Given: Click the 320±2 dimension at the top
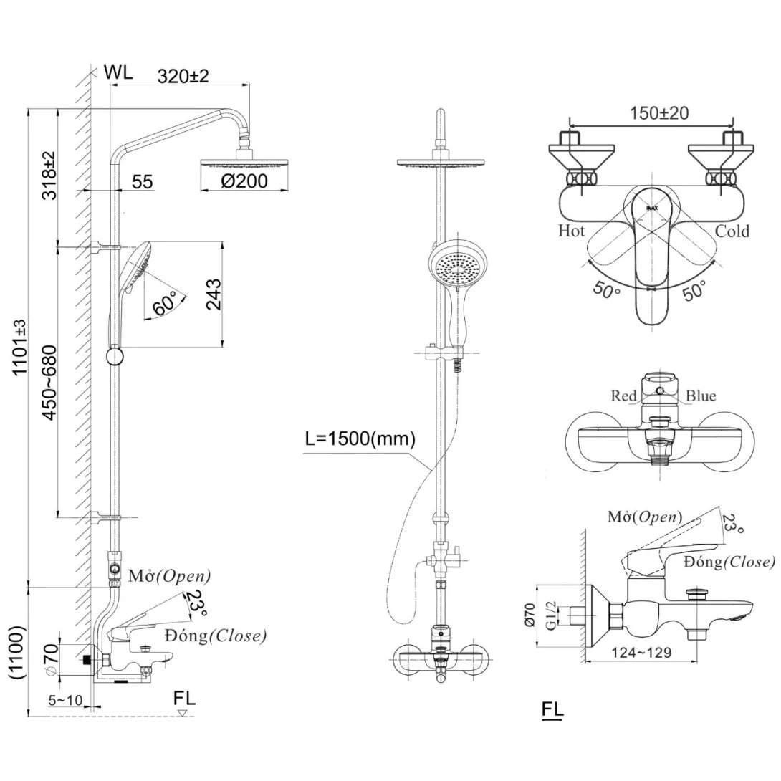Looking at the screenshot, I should tap(182, 76).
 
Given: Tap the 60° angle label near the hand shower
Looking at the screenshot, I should tap(165, 305).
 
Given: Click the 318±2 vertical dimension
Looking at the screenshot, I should tap(49, 176).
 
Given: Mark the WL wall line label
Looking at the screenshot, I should tap(118, 72).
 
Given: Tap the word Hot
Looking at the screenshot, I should tap(571, 231).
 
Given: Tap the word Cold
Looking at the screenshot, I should tap(732, 231).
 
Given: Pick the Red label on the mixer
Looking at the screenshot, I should tap(623, 396).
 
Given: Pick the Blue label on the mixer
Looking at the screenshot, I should tap(700, 396).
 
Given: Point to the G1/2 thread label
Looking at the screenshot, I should tap(550, 613).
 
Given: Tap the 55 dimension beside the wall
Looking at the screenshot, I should tap(142, 181).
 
